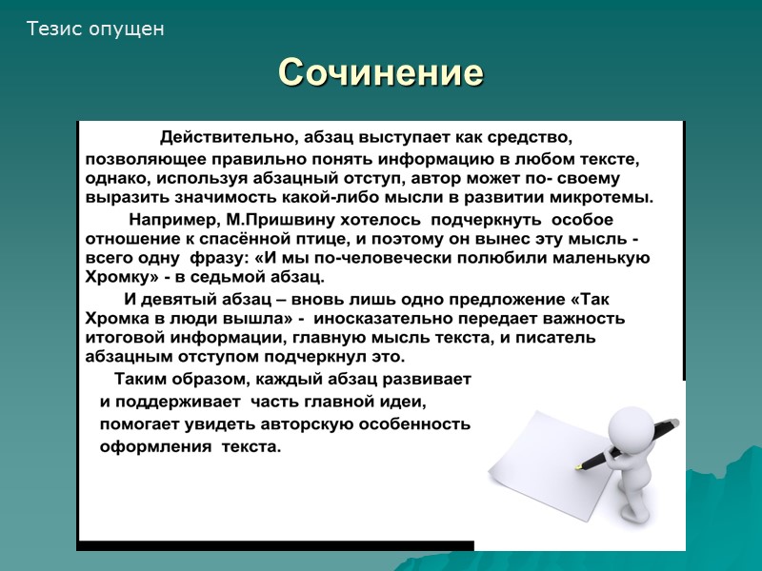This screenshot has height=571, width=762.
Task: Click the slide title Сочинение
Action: click(x=381, y=73)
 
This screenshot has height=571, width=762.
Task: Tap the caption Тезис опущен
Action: click(x=95, y=30)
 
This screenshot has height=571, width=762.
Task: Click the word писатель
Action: click(x=560, y=338)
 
